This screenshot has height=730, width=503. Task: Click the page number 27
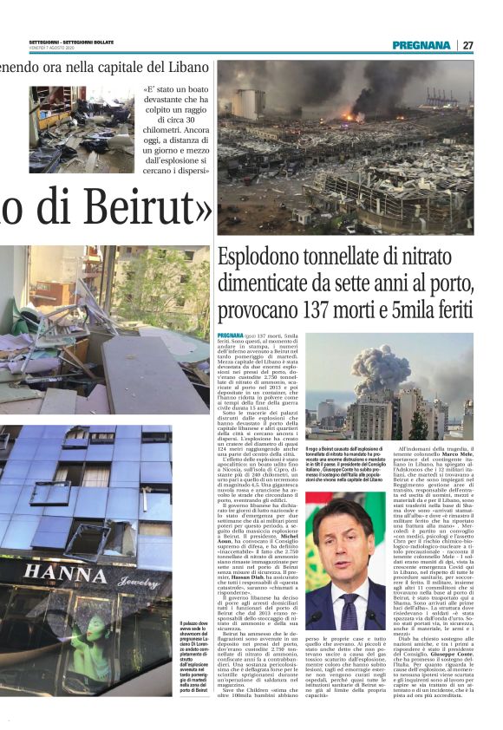point(467,45)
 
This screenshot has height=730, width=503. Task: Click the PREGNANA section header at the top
point(421,45)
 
